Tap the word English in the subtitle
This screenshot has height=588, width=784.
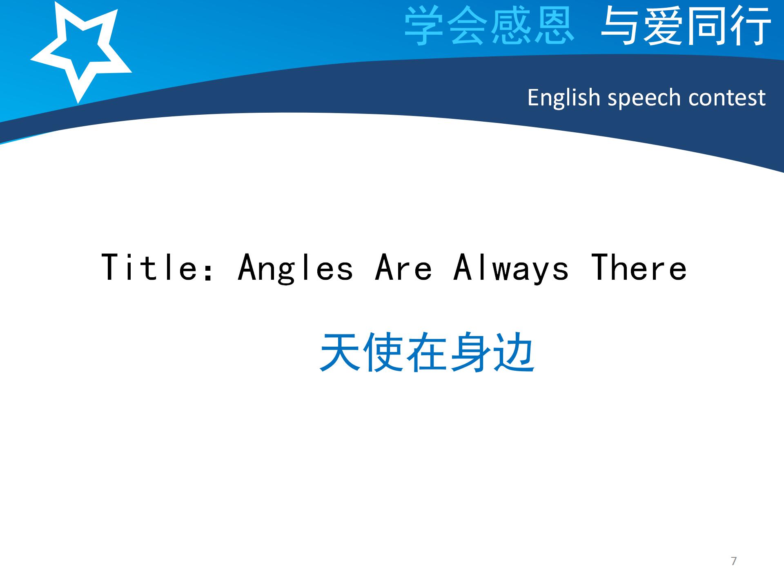click(x=563, y=98)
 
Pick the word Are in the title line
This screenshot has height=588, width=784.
click(x=403, y=267)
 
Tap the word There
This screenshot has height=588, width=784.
click(x=639, y=267)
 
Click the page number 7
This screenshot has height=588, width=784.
click(x=734, y=561)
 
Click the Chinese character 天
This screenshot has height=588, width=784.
click(x=340, y=352)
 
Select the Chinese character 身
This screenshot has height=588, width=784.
click(x=470, y=352)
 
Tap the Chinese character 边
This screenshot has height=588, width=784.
click(x=514, y=352)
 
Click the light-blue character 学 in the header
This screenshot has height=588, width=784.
click(x=424, y=25)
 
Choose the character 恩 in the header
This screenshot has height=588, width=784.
click(x=554, y=25)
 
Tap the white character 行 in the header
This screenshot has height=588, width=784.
click(x=751, y=25)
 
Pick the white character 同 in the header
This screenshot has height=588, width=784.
click(x=707, y=25)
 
